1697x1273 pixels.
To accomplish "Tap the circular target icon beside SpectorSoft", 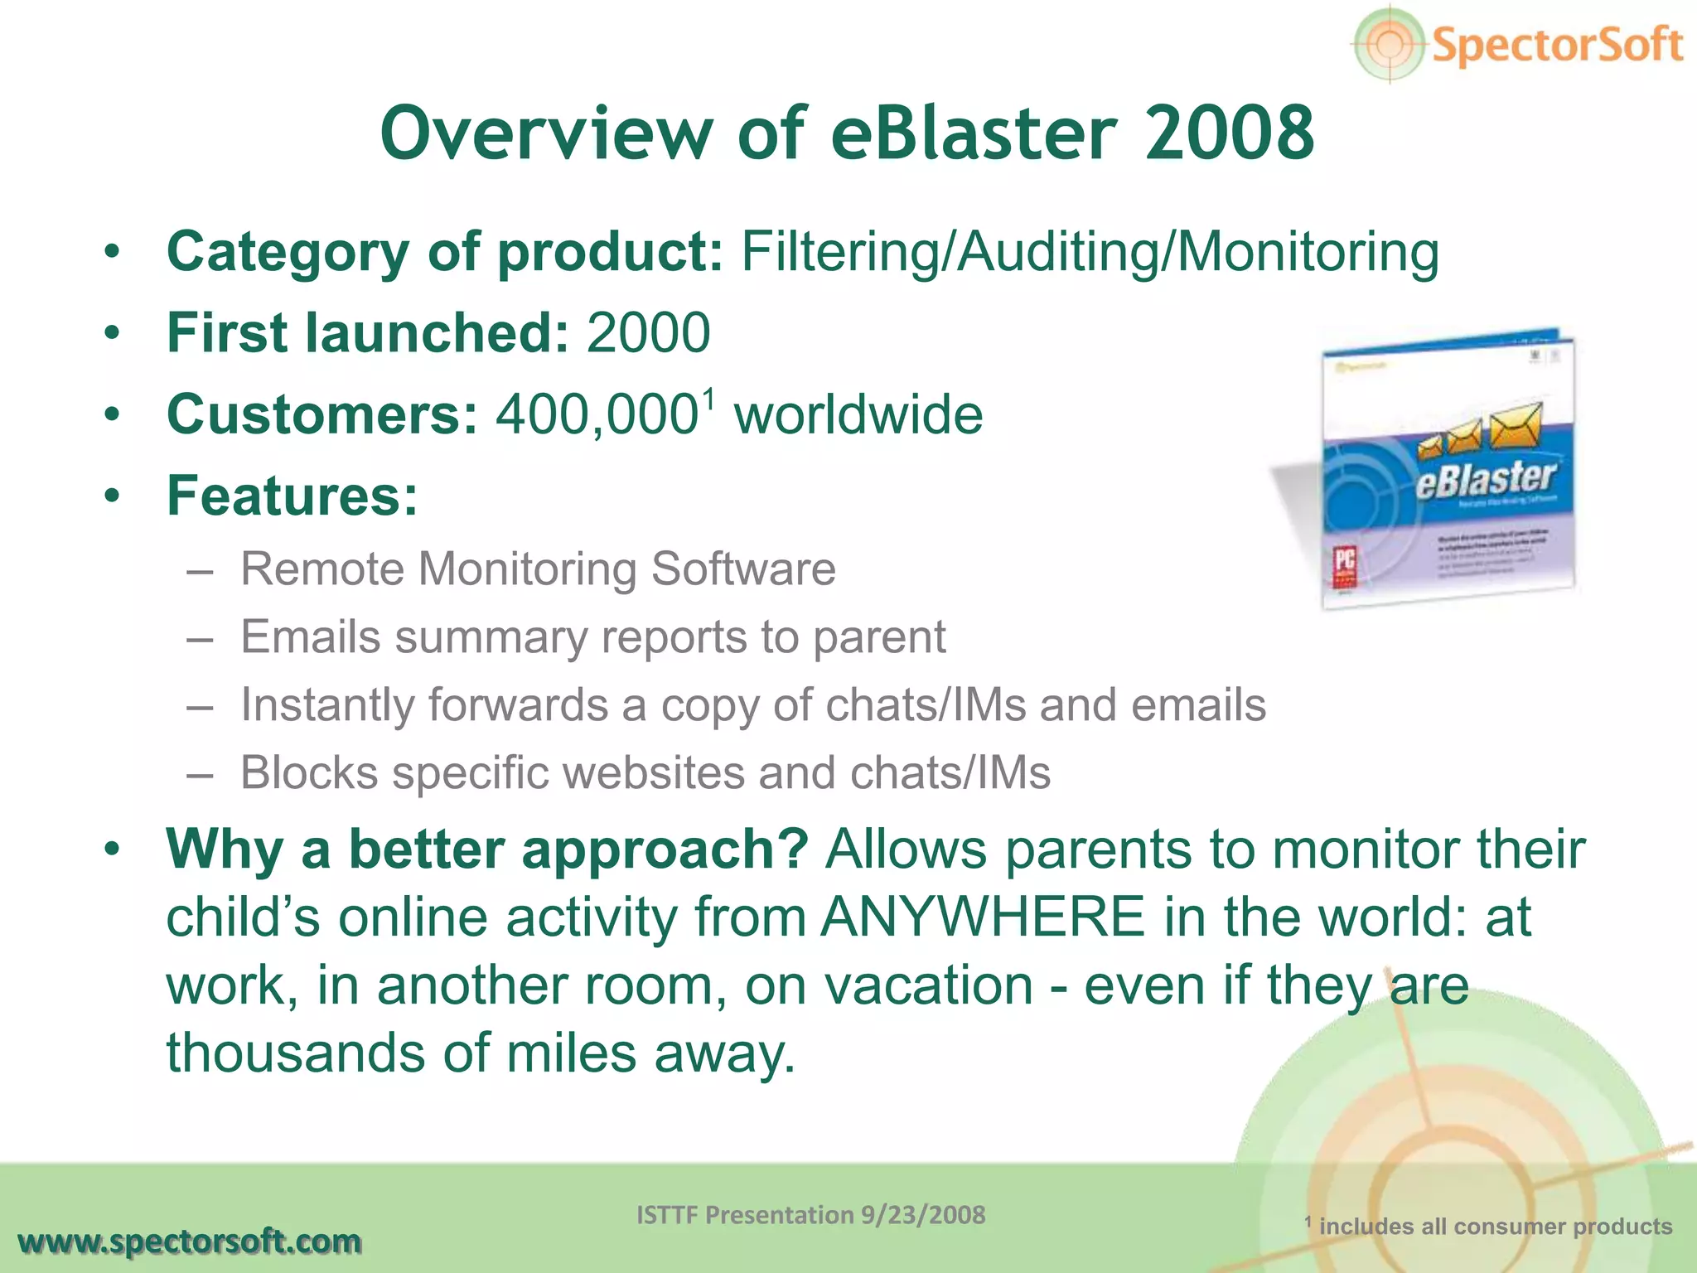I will point(1390,44).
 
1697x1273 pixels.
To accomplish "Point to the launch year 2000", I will point(648,333).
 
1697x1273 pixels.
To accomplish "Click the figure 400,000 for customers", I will point(597,414).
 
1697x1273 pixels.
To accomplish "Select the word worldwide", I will point(858,414).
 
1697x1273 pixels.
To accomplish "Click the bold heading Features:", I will point(293,496).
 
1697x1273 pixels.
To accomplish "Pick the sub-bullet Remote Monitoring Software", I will point(538,569).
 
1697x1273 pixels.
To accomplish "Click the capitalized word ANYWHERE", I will point(982,917).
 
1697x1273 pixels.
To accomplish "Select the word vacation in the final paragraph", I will point(929,986).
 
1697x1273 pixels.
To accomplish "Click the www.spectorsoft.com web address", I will point(190,1242).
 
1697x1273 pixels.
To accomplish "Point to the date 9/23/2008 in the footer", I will point(923,1215).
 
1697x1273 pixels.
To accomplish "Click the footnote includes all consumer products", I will point(1495,1227).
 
